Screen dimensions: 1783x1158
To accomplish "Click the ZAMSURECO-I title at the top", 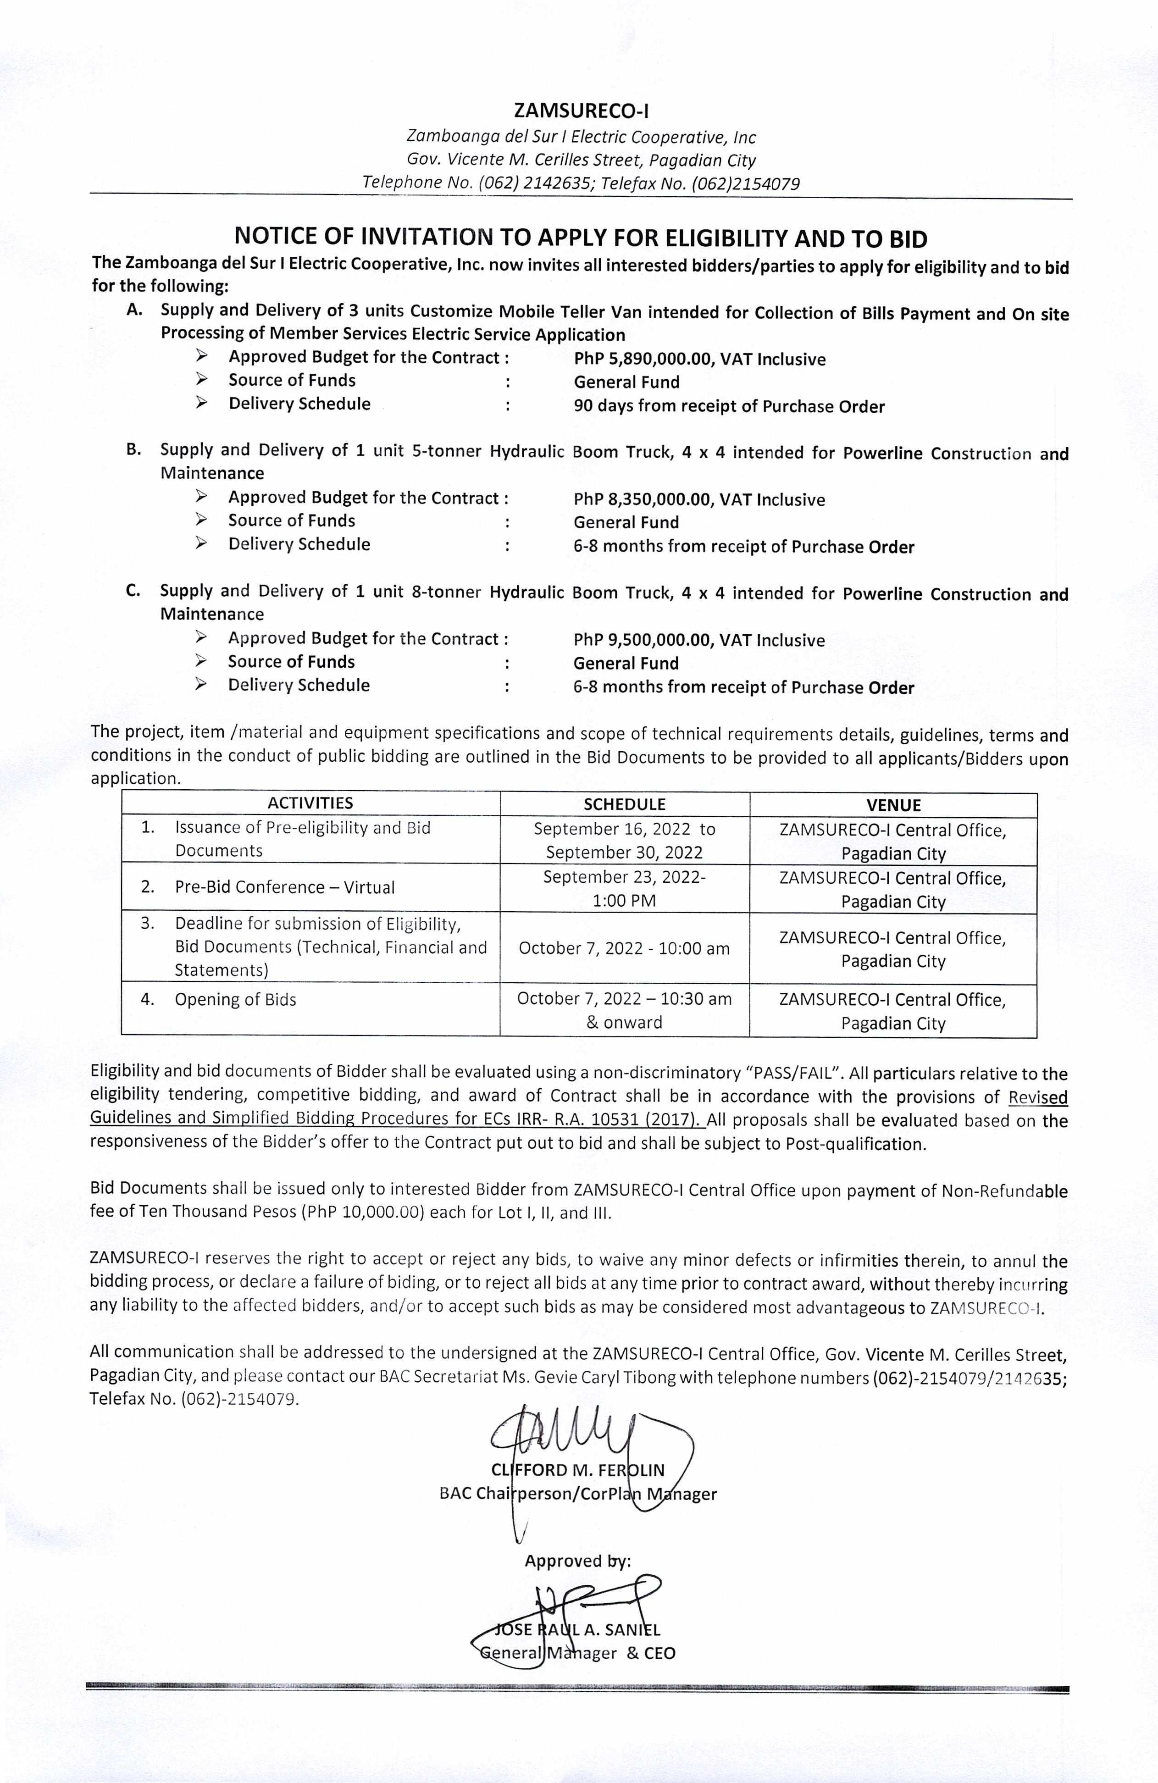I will [x=581, y=111].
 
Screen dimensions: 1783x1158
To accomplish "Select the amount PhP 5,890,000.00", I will [x=643, y=360].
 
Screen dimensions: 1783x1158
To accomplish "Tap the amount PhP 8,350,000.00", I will [x=643, y=500].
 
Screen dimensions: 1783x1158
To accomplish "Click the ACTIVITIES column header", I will [x=310, y=803].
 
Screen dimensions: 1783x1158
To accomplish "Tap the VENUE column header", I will [x=893, y=805].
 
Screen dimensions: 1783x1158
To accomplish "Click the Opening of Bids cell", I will [x=235, y=999].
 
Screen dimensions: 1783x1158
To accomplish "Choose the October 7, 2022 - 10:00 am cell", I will [x=624, y=948].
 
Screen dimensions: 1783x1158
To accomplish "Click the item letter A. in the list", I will [x=135, y=310].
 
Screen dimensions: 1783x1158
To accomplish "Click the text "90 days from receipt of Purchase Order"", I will [x=729, y=407].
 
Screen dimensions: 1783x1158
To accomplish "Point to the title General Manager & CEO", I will [x=577, y=1653].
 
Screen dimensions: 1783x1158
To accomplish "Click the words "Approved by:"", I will [x=577, y=1561].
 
